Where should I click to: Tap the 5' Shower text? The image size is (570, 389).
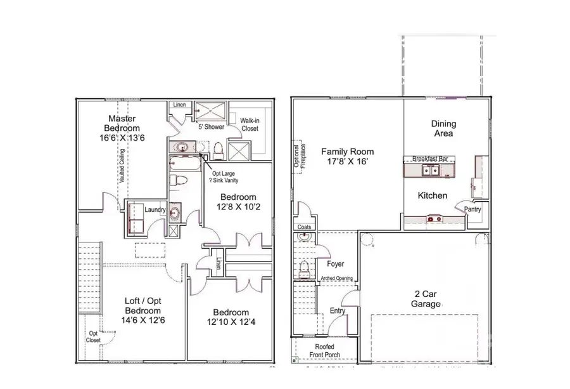[208, 127]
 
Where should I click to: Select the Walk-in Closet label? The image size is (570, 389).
[250, 124]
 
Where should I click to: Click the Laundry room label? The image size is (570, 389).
[155, 210]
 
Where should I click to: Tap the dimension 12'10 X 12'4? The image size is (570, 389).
[231, 323]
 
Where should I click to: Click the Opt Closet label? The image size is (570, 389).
[93, 337]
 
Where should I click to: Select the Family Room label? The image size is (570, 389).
[347, 152]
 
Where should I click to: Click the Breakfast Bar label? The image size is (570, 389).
[430, 158]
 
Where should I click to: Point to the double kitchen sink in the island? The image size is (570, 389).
[430, 170]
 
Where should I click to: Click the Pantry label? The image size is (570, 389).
[472, 209]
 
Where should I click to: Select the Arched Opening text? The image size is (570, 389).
[336, 277]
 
